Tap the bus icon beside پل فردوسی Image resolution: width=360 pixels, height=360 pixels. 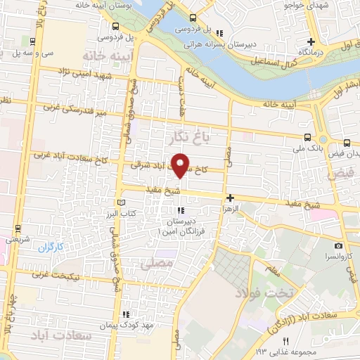(x=193, y=19)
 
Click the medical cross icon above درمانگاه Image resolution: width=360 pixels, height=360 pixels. (x=311, y=41)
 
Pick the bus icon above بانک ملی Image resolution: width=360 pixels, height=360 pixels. (x=307, y=137)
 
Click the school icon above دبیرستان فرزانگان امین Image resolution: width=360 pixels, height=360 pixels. (x=181, y=210)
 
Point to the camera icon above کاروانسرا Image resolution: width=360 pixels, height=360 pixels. (x=339, y=246)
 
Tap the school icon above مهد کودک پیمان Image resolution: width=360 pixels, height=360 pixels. (x=126, y=314)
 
